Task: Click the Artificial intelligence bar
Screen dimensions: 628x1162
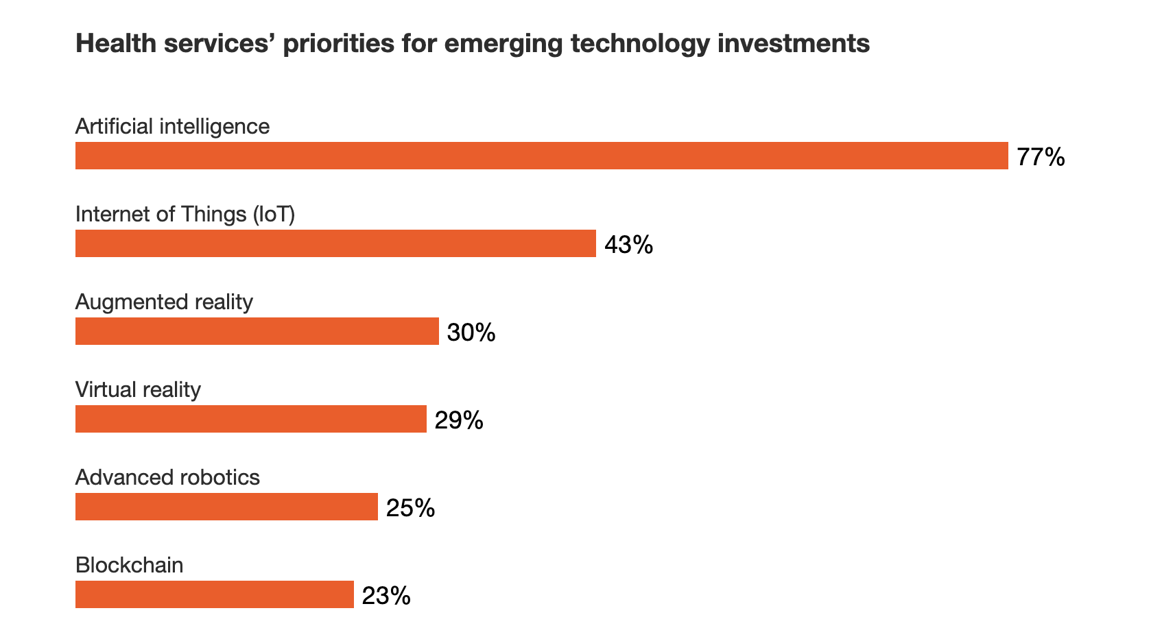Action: point(541,156)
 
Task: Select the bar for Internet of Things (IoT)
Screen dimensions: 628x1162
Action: point(335,243)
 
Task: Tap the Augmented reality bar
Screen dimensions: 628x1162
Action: point(257,331)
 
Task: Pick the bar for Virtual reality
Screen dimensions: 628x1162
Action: point(250,419)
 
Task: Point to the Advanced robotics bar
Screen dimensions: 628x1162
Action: point(226,507)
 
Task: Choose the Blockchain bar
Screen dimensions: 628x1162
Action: point(214,594)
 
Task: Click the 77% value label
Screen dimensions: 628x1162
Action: point(1041,157)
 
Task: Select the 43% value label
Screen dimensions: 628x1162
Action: point(628,245)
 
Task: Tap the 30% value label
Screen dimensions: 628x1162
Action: point(471,333)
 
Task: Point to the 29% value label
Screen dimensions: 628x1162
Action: point(459,420)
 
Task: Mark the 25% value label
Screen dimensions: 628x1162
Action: point(410,508)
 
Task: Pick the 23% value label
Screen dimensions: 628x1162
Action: point(386,596)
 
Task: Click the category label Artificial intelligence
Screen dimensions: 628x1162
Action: point(172,127)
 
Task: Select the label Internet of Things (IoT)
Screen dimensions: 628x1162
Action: point(185,215)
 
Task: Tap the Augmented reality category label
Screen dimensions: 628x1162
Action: point(164,302)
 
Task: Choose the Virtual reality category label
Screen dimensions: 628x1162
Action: point(138,390)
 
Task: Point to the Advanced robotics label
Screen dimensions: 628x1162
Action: point(167,478)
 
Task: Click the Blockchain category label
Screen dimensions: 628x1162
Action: point(130,566)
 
